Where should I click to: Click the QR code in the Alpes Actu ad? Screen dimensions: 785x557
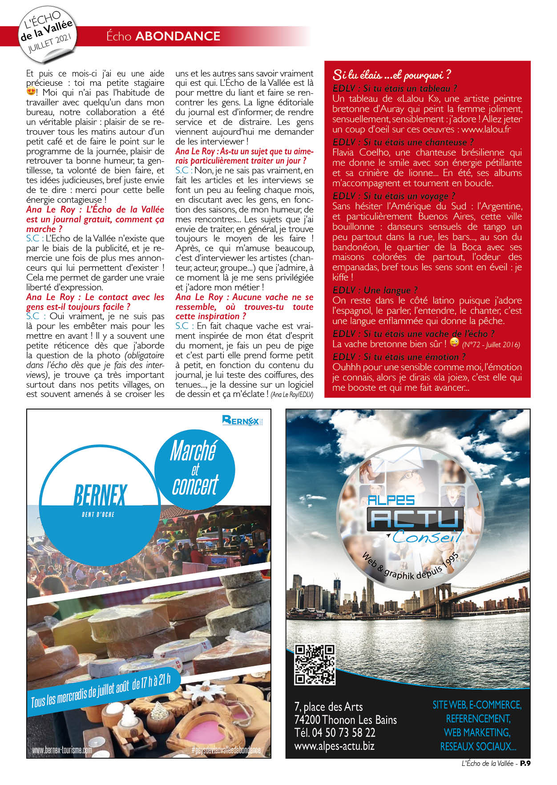[315, 665]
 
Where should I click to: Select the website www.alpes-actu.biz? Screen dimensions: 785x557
[334, 746]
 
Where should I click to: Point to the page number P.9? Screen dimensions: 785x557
[525, 763]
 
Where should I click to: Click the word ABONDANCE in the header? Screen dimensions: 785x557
[178, 36]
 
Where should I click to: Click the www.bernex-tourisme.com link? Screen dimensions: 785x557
[62, 750]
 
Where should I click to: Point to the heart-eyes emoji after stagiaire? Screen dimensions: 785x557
[31, 92]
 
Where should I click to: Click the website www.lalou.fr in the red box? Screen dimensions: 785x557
[486, 129]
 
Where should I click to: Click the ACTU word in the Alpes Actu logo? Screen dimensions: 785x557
[414, 519]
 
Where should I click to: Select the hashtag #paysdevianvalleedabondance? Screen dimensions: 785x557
[226, 750]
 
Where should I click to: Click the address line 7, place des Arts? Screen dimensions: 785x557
[328, 707]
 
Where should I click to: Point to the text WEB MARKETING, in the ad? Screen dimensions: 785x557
[476, 732]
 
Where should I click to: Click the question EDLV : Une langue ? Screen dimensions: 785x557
[375, 290]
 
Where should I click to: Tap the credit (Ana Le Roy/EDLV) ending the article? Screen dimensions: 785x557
[292, 394]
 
